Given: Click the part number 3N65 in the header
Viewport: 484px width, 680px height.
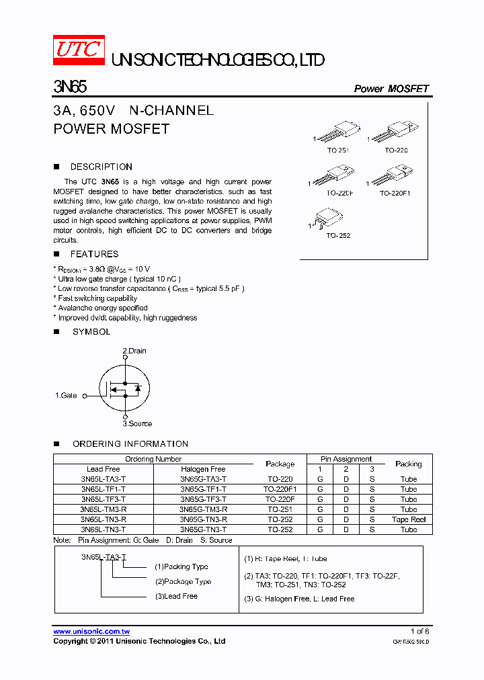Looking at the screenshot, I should point(70,87).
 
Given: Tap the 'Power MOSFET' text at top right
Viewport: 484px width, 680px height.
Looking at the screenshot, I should point(391,89).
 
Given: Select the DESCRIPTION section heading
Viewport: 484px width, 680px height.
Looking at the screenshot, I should point(101,167).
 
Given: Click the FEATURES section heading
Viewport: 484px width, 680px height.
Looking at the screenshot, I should point(94,254).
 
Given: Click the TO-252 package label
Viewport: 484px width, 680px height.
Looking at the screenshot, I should point(338,236).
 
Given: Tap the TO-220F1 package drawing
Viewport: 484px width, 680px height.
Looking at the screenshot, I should point(394,177).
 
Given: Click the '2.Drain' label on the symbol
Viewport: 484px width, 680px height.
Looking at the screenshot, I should point(134,351).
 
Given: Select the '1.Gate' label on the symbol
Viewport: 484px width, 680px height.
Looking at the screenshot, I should point(66,396).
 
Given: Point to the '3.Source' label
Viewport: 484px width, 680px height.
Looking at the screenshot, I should point(137,423).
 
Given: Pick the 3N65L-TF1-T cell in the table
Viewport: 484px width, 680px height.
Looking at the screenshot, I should point(103,490).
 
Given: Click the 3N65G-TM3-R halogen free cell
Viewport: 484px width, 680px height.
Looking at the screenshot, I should point(203,510).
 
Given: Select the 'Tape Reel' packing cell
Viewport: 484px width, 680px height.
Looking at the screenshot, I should point(409,520).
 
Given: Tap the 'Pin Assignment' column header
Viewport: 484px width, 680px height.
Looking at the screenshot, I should point(346,459).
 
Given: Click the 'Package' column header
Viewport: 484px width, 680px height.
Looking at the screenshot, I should point(280,464).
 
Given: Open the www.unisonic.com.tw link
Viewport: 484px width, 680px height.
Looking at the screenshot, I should point(91,632).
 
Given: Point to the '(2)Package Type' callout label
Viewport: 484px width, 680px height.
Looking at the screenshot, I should point(183,581).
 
